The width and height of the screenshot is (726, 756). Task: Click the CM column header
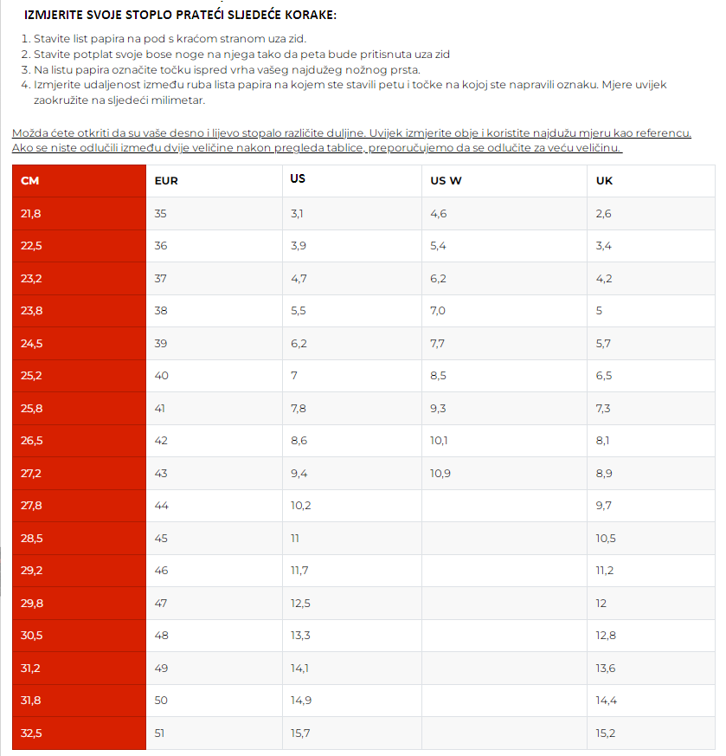(x=30, y=181)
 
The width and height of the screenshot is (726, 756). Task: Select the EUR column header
(x=166, y=181)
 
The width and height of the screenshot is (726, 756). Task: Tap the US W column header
(x=446, y=180)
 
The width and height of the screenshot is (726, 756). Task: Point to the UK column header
(x=604, y=180)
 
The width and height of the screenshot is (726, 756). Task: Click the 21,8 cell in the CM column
(x=31, y=213)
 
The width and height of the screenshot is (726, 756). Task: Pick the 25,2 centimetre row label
(x=31, y=376)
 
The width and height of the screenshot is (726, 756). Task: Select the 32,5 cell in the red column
(x=31, y=733)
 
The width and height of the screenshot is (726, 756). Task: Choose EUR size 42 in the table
(x=161, y=441)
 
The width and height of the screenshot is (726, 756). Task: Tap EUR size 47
(x=161, y=603)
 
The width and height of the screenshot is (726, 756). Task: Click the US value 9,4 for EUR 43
(x=299, y=473)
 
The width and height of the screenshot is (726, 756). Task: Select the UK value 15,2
(x=606, y=733)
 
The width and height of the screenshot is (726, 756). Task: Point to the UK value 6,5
(x=604, y=376)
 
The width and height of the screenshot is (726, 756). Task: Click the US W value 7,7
(x=438, y=343)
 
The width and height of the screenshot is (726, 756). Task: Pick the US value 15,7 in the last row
(x=300, y=733)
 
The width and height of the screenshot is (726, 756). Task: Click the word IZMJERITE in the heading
(x=55, y=16)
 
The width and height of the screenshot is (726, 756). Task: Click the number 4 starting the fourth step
(x=24, y=85)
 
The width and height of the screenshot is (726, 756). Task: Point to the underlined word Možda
(x=28, y=133)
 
